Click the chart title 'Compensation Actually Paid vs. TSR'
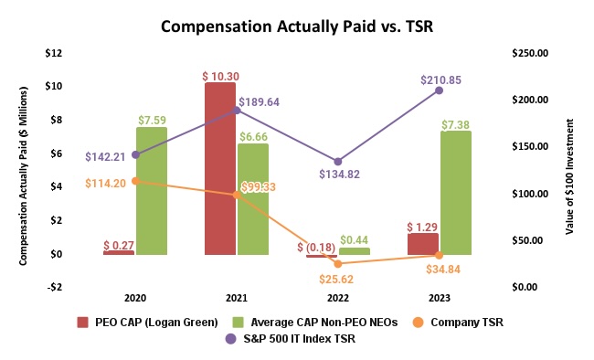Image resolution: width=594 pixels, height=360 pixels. (x=296, y=26)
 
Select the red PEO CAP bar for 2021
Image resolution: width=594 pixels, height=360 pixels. (x=219, y=168)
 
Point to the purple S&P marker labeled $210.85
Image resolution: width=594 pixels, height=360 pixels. (x=440, y=90)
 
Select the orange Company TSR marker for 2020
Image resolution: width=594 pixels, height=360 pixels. (x=135, y=181)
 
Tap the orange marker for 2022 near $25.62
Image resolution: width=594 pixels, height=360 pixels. (x=338, y=263)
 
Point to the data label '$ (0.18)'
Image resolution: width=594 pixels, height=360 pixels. (x=313, y=247)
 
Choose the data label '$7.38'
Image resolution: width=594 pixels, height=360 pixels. (x=456, y=122)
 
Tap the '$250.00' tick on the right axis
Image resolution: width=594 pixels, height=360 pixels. (x=526, y=53)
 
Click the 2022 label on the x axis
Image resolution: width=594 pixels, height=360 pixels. (x=338, y=298)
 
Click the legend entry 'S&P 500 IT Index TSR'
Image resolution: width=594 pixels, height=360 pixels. (x=312, y=339)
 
